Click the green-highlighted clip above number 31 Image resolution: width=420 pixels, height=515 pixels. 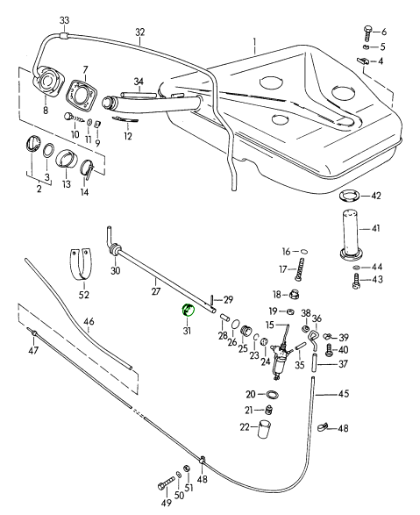[188, 310]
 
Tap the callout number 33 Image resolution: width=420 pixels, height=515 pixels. [65, 20]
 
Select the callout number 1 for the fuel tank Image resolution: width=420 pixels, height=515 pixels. [254, 42]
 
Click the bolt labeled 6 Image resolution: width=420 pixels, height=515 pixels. [367, 32]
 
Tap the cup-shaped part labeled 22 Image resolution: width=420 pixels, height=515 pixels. [265, 429]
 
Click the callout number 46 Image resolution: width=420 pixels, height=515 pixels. [89, 321]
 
